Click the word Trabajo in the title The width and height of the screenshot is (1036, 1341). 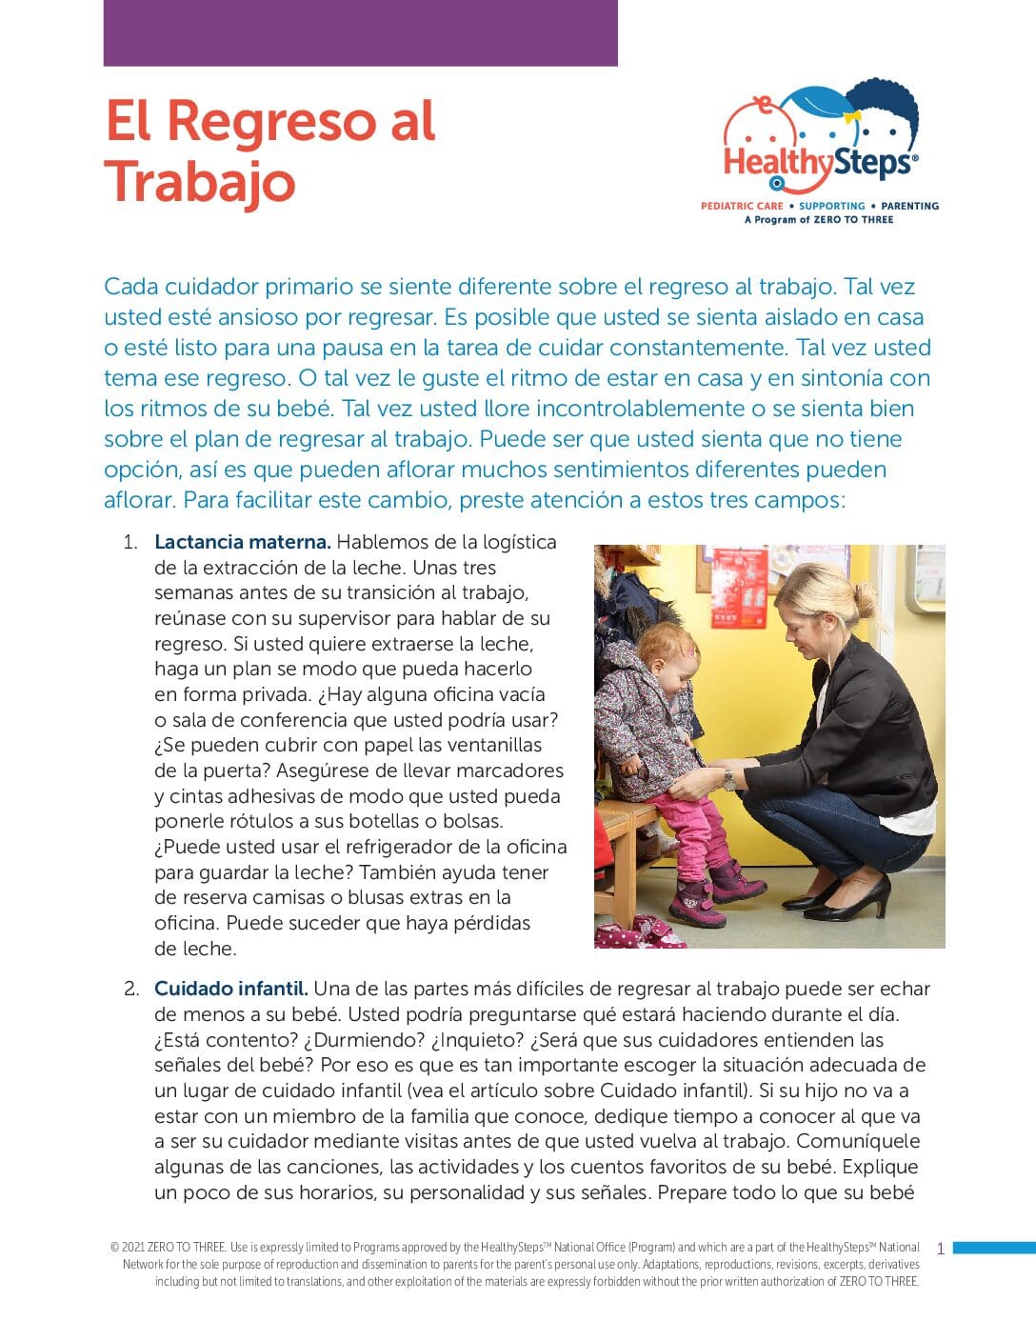200,182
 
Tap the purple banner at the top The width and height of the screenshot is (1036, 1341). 360,32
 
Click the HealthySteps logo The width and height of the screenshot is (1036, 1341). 821,143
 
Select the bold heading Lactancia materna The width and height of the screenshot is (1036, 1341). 242,542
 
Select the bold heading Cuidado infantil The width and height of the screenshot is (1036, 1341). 230,989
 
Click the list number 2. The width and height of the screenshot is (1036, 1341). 130,989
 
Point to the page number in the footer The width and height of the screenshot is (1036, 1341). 940,1249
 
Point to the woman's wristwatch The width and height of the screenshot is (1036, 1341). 728,780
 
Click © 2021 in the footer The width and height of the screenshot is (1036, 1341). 129,1248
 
